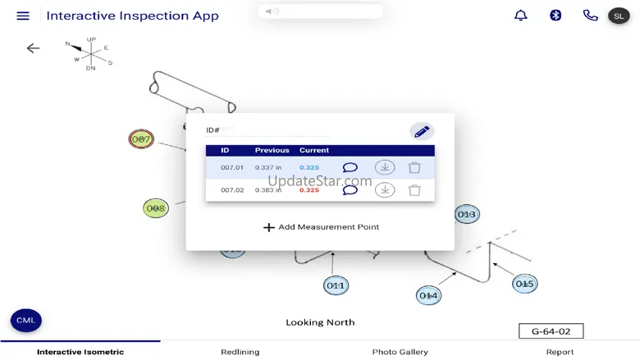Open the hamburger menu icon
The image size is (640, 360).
tap(23, 16)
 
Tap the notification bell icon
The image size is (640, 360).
tap(521, 16)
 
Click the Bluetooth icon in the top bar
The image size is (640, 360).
tap(555, 16)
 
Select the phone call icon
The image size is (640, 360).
tap(590, 16)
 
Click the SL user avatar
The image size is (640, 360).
tap(619, 16)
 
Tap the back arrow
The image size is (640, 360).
tap(33, 48)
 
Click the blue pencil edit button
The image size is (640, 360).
tap(422, 131)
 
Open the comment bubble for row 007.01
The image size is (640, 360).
tap(350, 168)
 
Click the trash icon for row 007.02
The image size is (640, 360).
tap(414, 190)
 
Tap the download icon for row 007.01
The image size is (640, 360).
tap(385, 168)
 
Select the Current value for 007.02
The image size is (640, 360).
tap(309, 190)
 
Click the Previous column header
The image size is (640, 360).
tap(272, 151)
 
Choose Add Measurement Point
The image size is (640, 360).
tap(321, 227)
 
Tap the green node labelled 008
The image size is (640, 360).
tap(156, 208)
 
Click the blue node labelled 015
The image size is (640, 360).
tap(524, 284)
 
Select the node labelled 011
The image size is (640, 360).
tap(336, 285)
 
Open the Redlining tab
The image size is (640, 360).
tap(240, 352)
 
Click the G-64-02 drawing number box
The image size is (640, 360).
tap(551, 331)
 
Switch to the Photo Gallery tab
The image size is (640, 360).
tap(400, 352)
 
